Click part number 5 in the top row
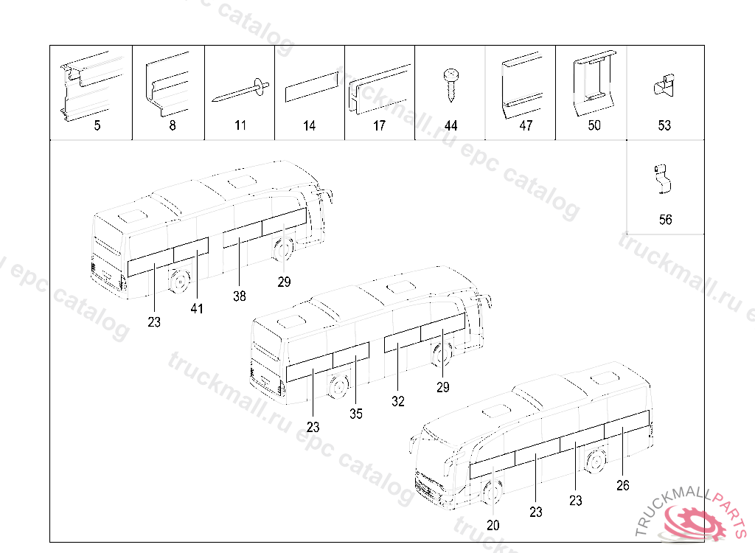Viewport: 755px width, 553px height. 97,126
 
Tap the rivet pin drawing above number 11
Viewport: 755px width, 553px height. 240,90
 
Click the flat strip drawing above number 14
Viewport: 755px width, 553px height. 310,87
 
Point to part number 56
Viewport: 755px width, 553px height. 665,220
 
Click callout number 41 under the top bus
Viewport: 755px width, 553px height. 196,309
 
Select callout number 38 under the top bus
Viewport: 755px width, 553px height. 239,296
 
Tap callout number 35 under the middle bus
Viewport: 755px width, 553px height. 356,414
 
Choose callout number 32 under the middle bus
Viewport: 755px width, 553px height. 398,402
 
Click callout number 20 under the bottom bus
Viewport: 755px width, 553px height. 493,525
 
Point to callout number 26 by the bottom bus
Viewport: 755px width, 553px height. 623,485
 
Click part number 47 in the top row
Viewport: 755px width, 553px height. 525,126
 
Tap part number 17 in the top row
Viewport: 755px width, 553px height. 379,126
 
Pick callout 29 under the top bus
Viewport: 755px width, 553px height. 285,282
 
